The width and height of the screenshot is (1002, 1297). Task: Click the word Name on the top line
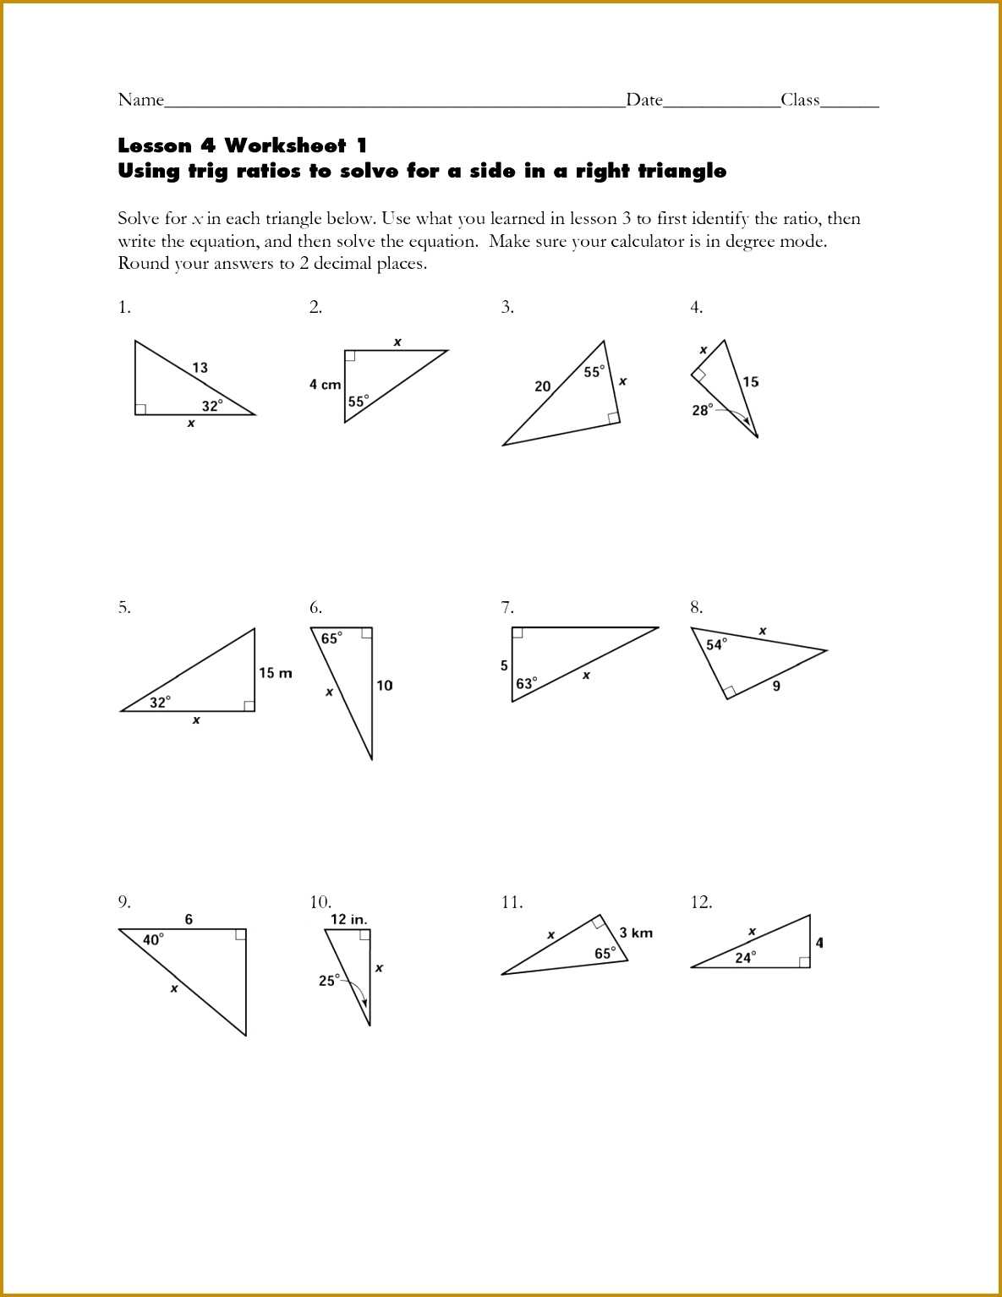click(x=140, y=100)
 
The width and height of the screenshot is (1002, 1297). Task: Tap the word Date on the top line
click(x=644, y=100)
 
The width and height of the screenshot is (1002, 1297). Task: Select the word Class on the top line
click(x=800, y=100)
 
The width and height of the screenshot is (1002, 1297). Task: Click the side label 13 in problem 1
click(x=200, y=368)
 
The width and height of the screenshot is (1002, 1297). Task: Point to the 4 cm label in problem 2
click(x=326, y=385)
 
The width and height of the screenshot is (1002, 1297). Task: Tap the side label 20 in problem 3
click(x=543, y=386)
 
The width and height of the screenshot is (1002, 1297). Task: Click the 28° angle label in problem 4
click(x=703, y=410)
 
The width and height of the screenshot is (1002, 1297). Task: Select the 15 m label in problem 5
click(x=276, y=673)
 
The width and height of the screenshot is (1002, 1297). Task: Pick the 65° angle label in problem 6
click(x=331, y=638)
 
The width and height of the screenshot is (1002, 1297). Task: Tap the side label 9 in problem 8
click(x=776, y=686)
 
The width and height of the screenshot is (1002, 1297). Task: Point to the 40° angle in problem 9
click(x=154, y=939)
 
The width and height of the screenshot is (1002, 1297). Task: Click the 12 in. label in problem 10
click(x=349, y=919)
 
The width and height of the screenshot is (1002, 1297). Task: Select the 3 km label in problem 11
click(x=636, y=933)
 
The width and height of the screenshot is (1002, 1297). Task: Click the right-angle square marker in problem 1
click(x=140, y=409)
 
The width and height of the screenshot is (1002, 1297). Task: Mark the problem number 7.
click(x=506, y=607)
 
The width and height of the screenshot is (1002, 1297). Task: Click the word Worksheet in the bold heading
click(x=285, y=145)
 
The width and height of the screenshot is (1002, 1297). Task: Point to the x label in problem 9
click(x=174, y=988)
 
